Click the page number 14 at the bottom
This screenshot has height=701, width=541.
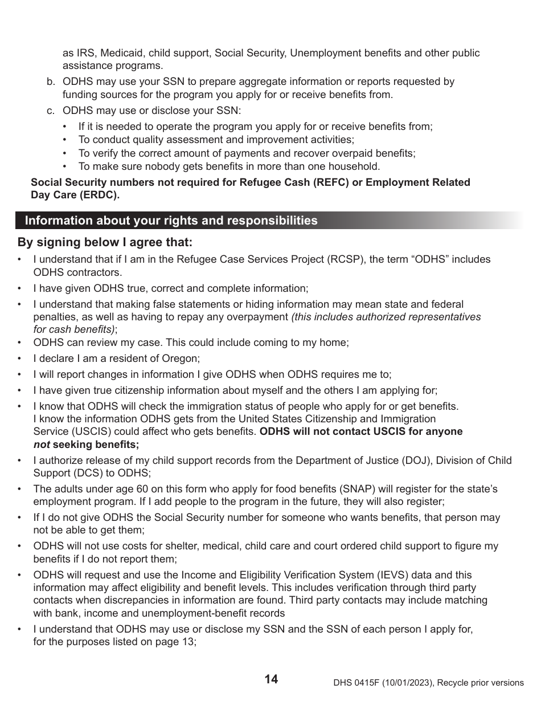coord(271,679)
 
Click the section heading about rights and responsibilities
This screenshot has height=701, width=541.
coord(171,221)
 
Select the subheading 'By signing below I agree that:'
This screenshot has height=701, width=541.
coord(105,242)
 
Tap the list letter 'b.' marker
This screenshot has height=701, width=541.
coord(51,81)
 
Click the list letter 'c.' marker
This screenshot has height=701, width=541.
coord(51,110)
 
